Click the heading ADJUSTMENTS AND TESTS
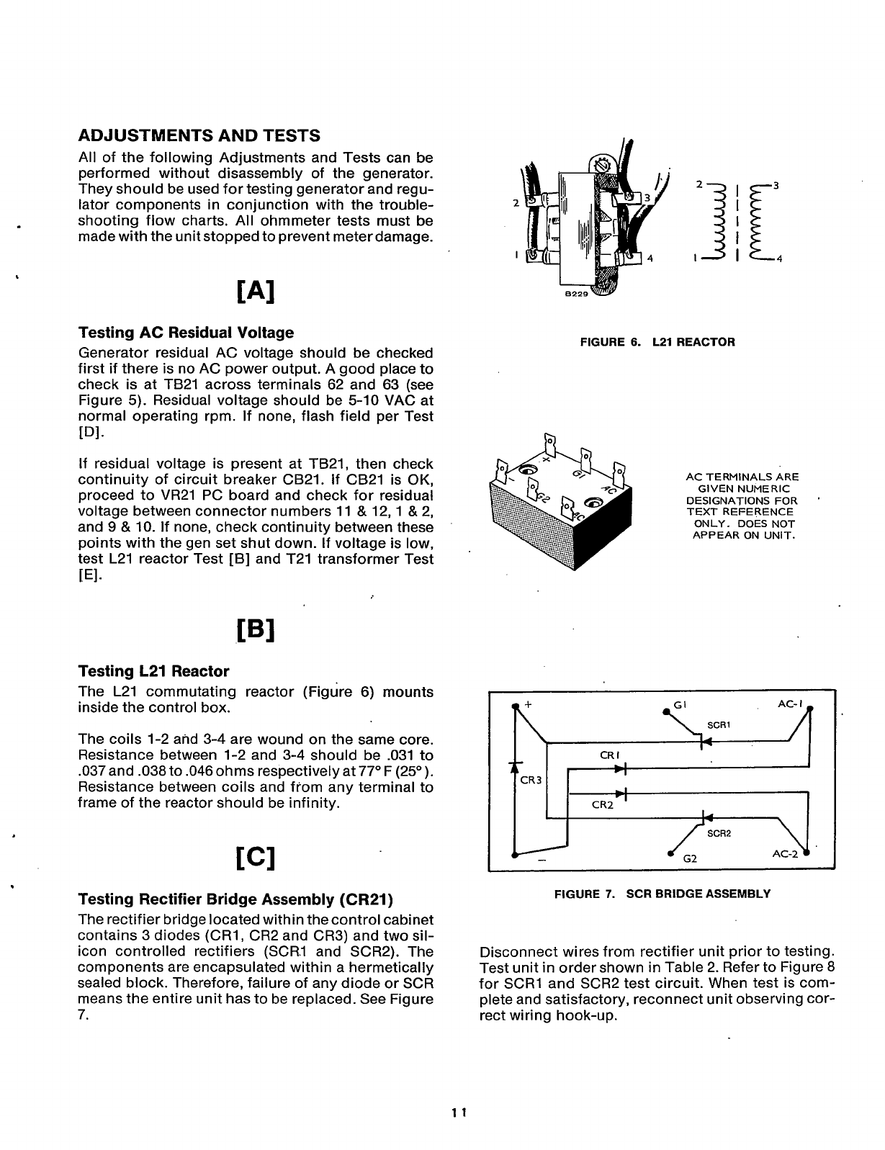(x=199, y=136)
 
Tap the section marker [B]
(x=256, y=632)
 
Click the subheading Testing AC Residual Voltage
(x=186, y=333)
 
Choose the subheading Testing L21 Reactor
(x=153, y=671)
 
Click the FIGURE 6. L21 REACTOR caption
(x=657, y=342)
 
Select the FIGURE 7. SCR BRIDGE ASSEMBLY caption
(x=662, y=894)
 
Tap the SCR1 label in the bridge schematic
(x=719, y=724)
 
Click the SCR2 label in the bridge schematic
(x=719, y=833)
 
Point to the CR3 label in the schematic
(x=530, y=780)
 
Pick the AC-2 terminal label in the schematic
(x=786, y=853)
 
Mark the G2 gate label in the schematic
(x=689, y=858)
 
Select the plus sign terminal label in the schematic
(x=528, y=705)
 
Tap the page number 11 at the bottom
(x=460, y=1112)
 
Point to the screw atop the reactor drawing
(x=603, y=165)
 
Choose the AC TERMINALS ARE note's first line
(x=742, y=477)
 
